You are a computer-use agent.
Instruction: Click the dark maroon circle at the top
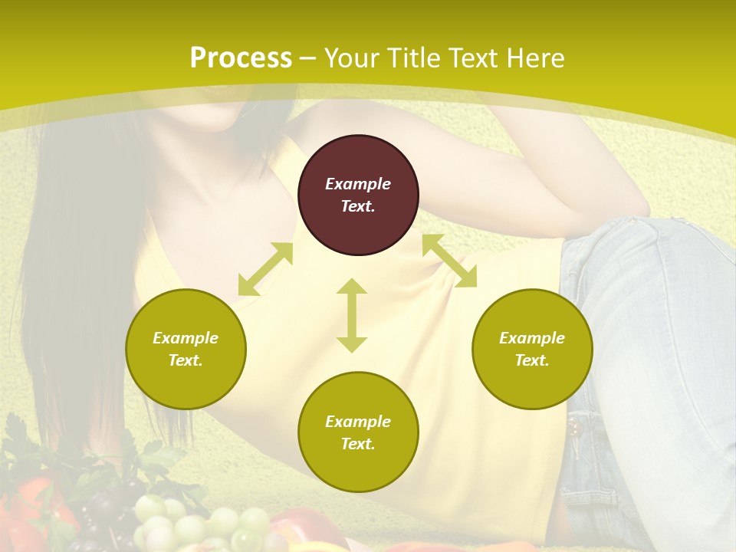[x=358, y=195]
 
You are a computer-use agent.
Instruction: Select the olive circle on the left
[x=186, y=349]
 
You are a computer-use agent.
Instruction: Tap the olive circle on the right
[x=532, y=349]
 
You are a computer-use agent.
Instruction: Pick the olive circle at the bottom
[x=358, y=432]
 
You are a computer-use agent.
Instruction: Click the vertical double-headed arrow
[x=352, y=315]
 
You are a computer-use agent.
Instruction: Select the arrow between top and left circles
[x=265, y=269]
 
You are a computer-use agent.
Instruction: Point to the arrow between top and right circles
[x=449, y=261]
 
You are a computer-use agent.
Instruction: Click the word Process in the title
[x=241, y=58]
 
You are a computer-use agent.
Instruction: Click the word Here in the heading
[x=534, y=58]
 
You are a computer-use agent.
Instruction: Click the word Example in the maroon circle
[x=358, y=184]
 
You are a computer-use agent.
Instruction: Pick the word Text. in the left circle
[x=186, y=360]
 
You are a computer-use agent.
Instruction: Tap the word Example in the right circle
[x=532, y=338]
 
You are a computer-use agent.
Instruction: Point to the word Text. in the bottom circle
[x=358, y=444]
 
